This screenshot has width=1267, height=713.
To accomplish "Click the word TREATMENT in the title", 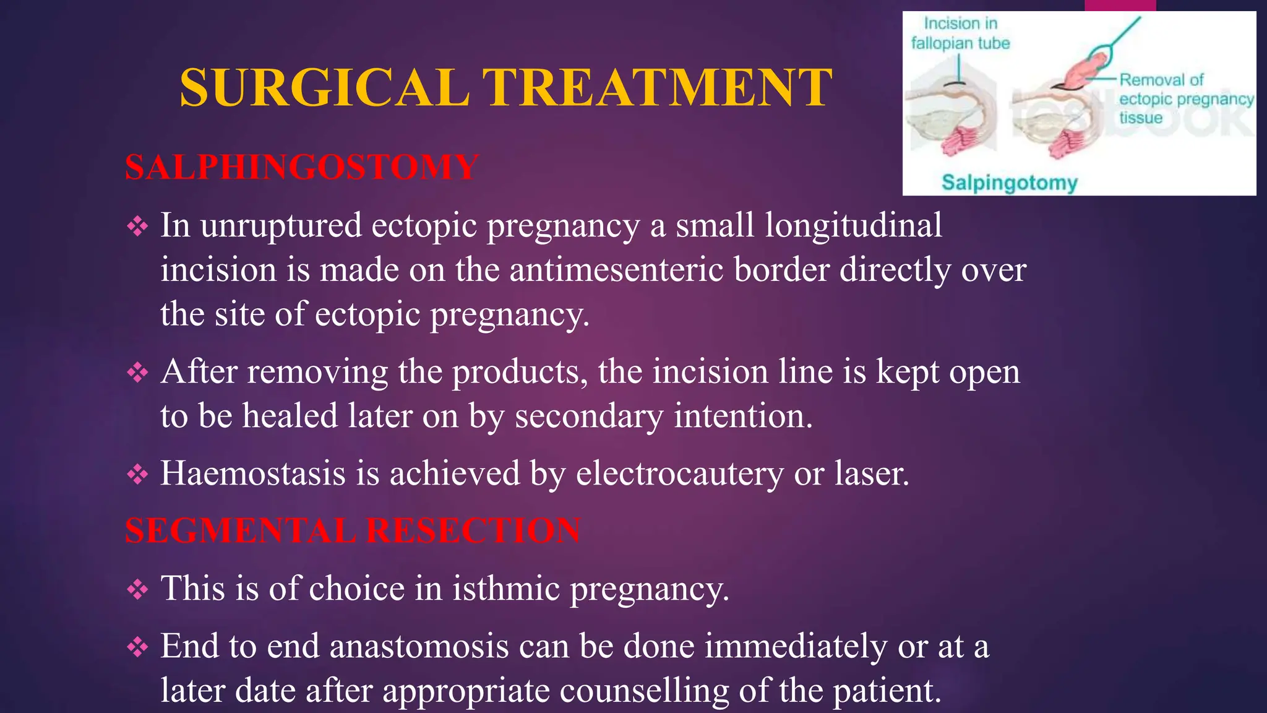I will coord(657,88).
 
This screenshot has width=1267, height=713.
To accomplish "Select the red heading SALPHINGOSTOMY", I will coord(301,167).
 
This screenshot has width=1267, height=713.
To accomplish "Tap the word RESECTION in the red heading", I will coord(473,531).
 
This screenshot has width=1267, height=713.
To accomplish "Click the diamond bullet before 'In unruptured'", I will coord(137,227).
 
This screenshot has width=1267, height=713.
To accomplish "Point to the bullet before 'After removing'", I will coord(137,373).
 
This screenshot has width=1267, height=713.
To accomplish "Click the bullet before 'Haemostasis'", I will coord(137,475).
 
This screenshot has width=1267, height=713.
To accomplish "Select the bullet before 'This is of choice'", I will coord(137,589).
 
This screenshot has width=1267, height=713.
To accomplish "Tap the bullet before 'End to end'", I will coord(137,647).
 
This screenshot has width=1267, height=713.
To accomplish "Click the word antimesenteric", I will coord(616,270).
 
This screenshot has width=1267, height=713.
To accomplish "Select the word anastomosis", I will coord(419,647).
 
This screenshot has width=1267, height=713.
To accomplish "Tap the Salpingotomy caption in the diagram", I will coord(1009,183).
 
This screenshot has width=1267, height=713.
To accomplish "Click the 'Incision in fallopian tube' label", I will coord(960,33).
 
